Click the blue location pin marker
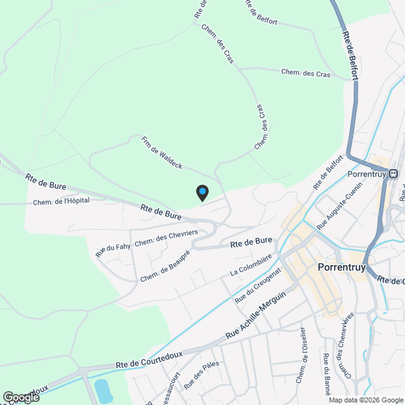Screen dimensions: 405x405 202,192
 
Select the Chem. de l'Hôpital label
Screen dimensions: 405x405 61,201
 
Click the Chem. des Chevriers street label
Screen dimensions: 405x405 166,238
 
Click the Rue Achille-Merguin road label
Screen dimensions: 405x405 256,315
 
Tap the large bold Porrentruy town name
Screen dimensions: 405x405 341,267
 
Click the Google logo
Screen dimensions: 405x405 21,397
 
